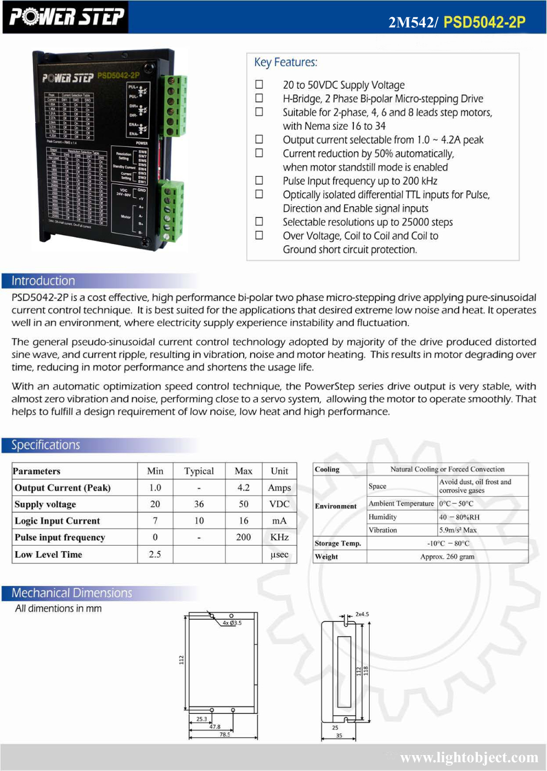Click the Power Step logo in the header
click(x=66, y=17)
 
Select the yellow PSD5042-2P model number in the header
click(x=484, y=22)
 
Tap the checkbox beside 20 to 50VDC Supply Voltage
click(x=259, y=84)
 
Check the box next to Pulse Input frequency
click(x=259, y=180)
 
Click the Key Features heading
click(x=285, y=62)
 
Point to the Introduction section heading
click(x=43, y=281)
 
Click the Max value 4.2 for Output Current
click(x=244, y=487)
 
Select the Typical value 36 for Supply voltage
click(x=199, y=504)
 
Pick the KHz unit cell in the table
click(x=279, y=537)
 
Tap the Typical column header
click(x=199, y=471)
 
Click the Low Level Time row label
click(x=48, y=554)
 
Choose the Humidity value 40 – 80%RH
click(x=459, y=517)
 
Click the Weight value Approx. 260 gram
click(x=447, y=557)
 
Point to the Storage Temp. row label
click(x=338, y=543)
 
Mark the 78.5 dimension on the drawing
click(x=225, y=734)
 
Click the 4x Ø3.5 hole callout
click(x=232, y=623)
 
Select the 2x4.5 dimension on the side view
click(x=362, y=614)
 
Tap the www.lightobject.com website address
click(x=469, y=758)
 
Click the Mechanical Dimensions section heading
click(x=72, y=593)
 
